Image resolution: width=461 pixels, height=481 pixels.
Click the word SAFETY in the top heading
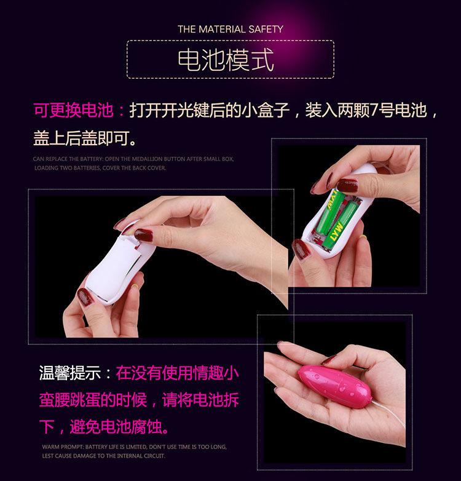point(266,29)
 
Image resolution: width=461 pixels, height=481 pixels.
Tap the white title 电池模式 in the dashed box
point(225,60)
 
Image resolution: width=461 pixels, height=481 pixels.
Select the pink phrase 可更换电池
point(73,111)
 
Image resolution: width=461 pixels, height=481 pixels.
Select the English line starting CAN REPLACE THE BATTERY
point(133,159)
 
